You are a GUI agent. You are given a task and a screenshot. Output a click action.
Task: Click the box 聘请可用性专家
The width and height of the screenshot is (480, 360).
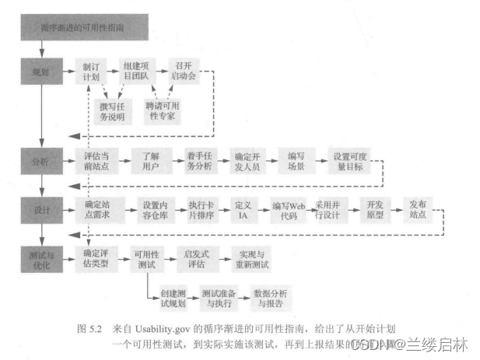166,110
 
